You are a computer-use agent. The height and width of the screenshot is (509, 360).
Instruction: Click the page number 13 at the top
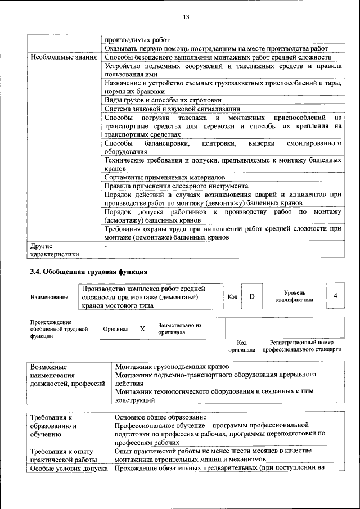pyautogui.click(x=186, y=17)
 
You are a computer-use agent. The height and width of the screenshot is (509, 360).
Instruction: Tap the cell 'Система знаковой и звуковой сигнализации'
pyautogui.click(x=172, y=109)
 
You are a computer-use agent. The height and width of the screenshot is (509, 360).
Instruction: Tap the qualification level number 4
pyautogui.click(x=335, y=296)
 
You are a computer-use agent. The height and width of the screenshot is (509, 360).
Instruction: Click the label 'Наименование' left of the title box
pyautogui.click(x=49, y=297)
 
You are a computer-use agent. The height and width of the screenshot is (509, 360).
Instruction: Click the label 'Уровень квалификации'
pyautogui.click(x=295, y=296)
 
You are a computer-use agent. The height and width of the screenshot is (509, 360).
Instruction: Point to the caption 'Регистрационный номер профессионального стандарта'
pyautogui.click(x=301, y=345)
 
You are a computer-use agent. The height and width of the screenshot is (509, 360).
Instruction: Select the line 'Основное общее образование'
pyautogui.click(x=160, y=417)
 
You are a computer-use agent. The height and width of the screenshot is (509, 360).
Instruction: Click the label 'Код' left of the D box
pyautogui.click(x=232, y=296)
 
